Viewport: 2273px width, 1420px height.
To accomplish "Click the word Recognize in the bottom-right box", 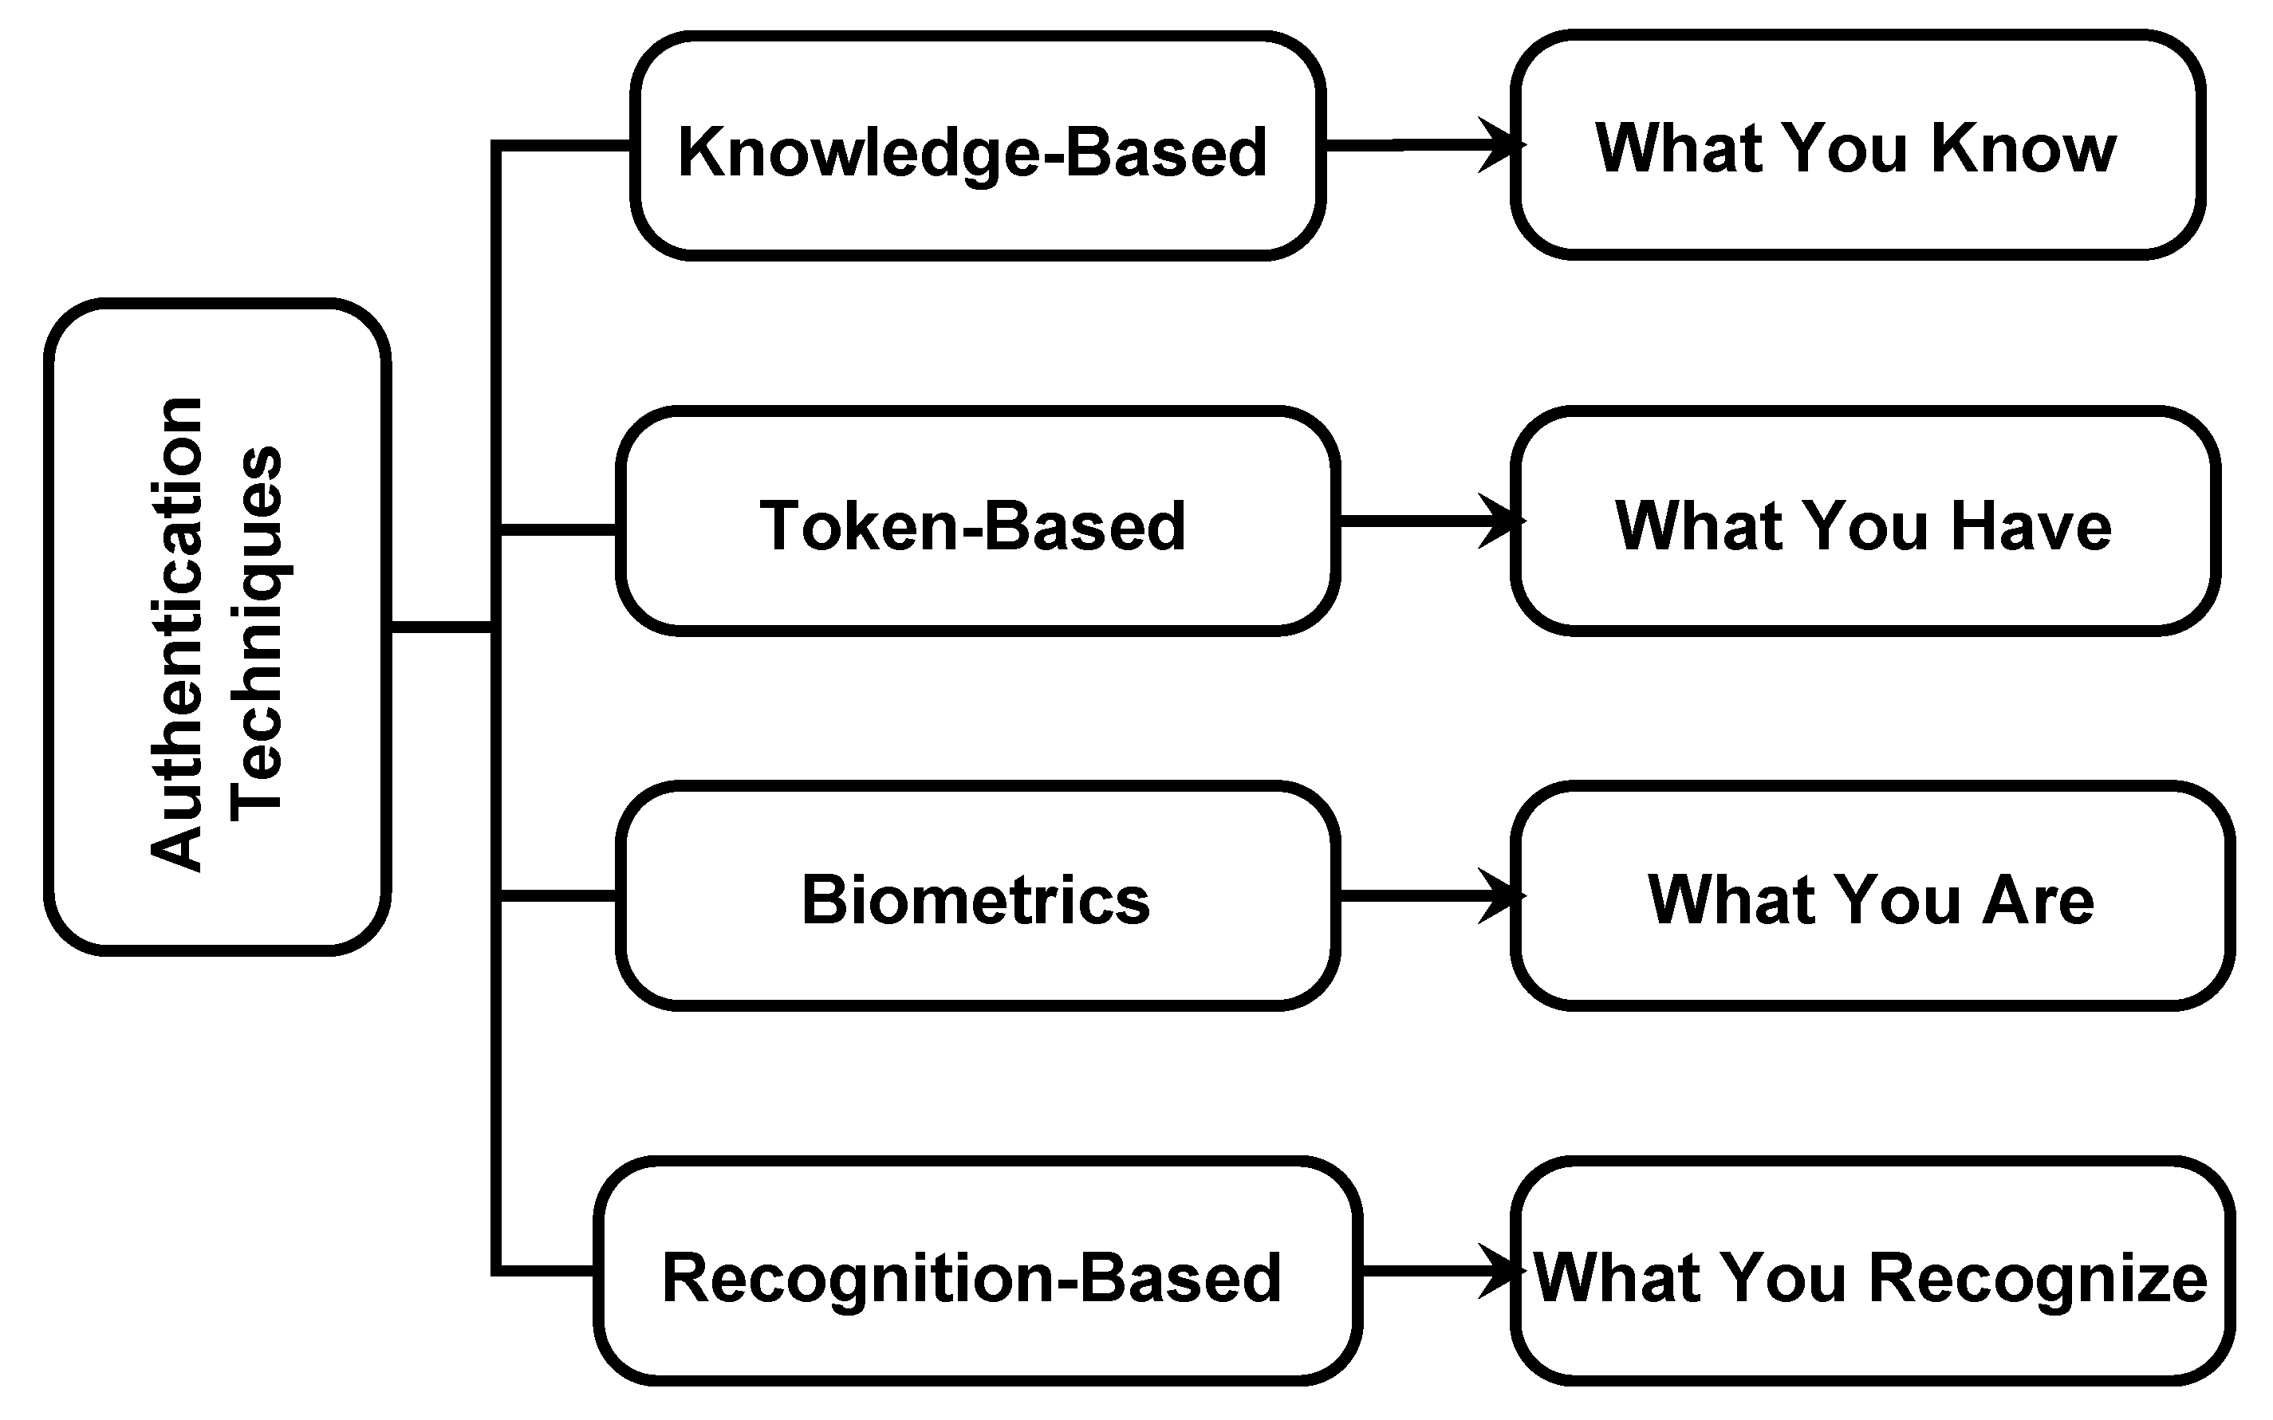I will click(2039, 1279).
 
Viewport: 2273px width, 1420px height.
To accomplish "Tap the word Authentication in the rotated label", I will click(176, 634).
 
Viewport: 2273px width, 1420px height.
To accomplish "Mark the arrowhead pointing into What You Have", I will click(1501, 521).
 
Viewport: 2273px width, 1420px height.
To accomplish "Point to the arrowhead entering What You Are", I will click(1501, 896).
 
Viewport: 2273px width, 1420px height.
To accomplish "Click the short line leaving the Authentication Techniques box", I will click(439, 627).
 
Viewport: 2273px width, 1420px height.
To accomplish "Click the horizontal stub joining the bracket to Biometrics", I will click(556, 896).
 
